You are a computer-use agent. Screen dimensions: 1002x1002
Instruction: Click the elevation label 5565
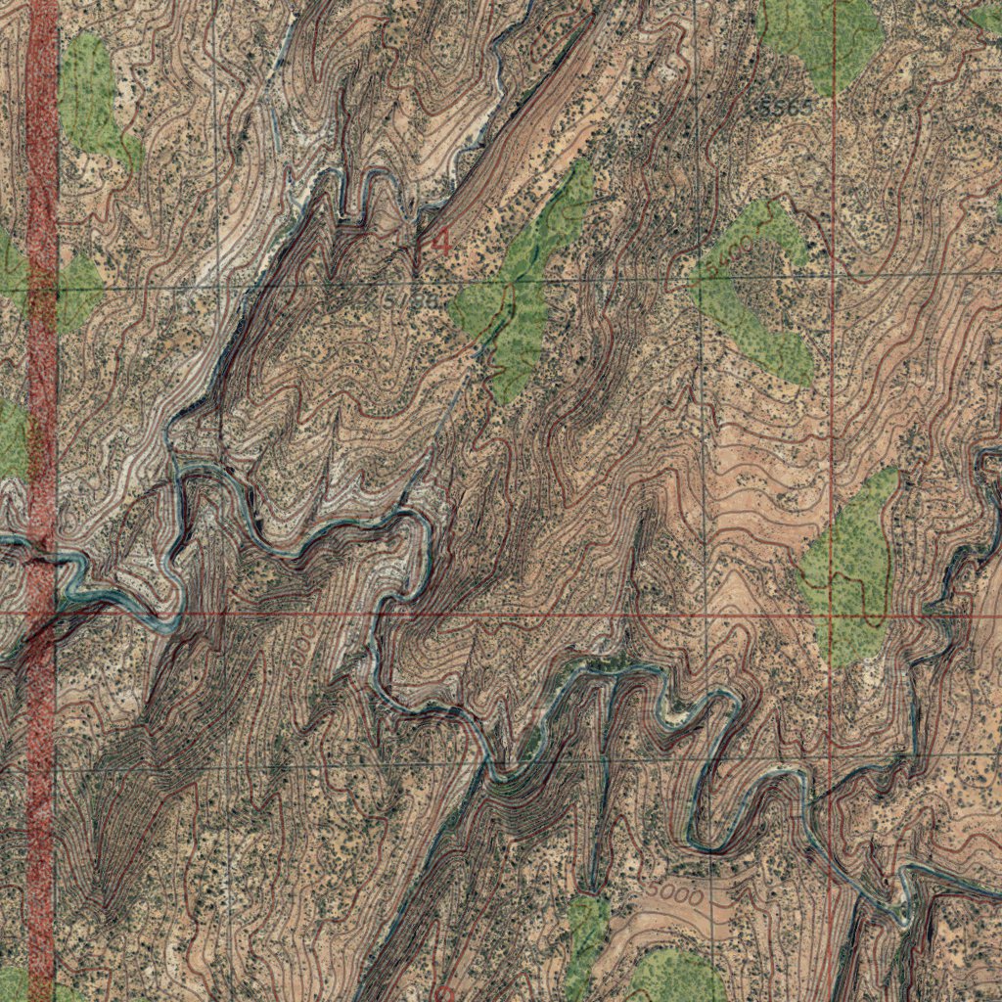(780, 109)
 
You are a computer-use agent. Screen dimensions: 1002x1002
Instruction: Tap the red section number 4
(441, 241)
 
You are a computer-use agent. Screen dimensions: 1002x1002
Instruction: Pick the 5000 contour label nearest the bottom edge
(674, 894)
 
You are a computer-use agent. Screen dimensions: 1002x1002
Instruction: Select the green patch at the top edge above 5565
(822, 34)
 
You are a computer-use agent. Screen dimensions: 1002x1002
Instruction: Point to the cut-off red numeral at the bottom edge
(442, 993)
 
